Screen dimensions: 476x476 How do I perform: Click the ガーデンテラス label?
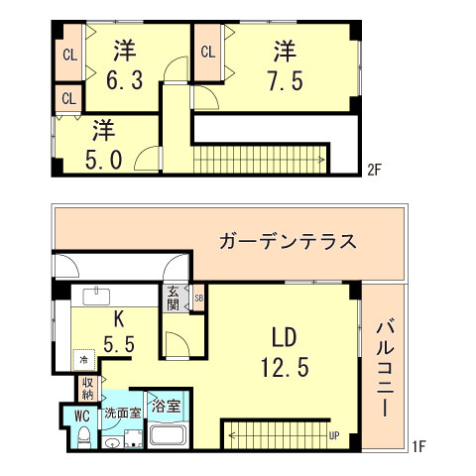tap(288, 242)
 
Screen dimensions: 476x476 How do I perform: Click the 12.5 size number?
tap(285, 367)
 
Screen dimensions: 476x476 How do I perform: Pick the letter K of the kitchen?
tap(117, 319)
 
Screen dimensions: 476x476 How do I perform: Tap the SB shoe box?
tap(198, 297)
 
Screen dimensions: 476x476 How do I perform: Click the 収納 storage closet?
tap(88, 389)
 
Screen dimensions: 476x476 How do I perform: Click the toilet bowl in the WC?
tap(83, 437)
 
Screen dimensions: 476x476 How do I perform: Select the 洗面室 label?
tap(124, 412)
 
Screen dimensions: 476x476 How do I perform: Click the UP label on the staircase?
tap(334, 434)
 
